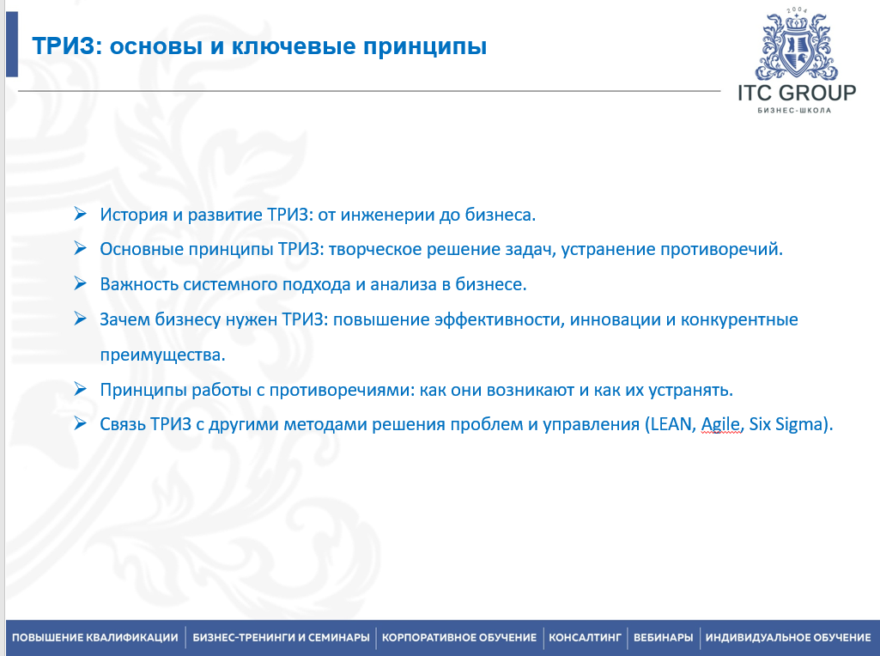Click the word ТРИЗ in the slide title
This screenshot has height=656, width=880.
[x=64, y=46]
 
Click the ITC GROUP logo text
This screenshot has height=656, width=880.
[x=797, y=93]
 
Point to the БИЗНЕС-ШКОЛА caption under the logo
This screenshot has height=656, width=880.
[x=794, y=110]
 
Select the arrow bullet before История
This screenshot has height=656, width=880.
[x=80, y=213]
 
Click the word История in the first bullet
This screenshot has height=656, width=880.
[x=134, y=215]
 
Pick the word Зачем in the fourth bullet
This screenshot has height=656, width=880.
[x=124, y=320]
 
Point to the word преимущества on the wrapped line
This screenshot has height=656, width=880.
[x=163, y=355]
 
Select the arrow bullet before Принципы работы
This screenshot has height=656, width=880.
[x=80, y=388]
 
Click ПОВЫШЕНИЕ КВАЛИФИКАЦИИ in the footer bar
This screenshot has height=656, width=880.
[x=94, y=637]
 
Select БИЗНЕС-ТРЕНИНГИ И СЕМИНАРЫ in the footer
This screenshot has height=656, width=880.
[x=282, y=637]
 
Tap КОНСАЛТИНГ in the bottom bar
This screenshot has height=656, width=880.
[x=585, y=637]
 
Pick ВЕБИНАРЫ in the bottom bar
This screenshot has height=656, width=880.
[x=664, y=637]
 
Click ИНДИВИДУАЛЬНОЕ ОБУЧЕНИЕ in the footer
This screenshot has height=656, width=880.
[x=788, y=637]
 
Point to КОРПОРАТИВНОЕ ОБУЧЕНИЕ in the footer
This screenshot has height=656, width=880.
[x=459, y=637]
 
